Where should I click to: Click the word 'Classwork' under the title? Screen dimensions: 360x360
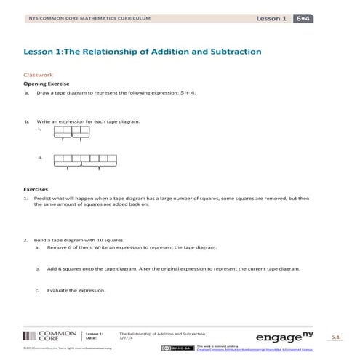click(x=39, y=75)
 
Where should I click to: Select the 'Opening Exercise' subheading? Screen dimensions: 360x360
click(x=44, y=84)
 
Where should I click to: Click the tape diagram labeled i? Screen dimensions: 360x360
click(x=71, y=132)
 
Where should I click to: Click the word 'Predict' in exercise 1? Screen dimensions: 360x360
click(x=43, y=198)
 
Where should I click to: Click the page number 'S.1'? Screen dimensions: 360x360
click(x=335, y=338)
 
